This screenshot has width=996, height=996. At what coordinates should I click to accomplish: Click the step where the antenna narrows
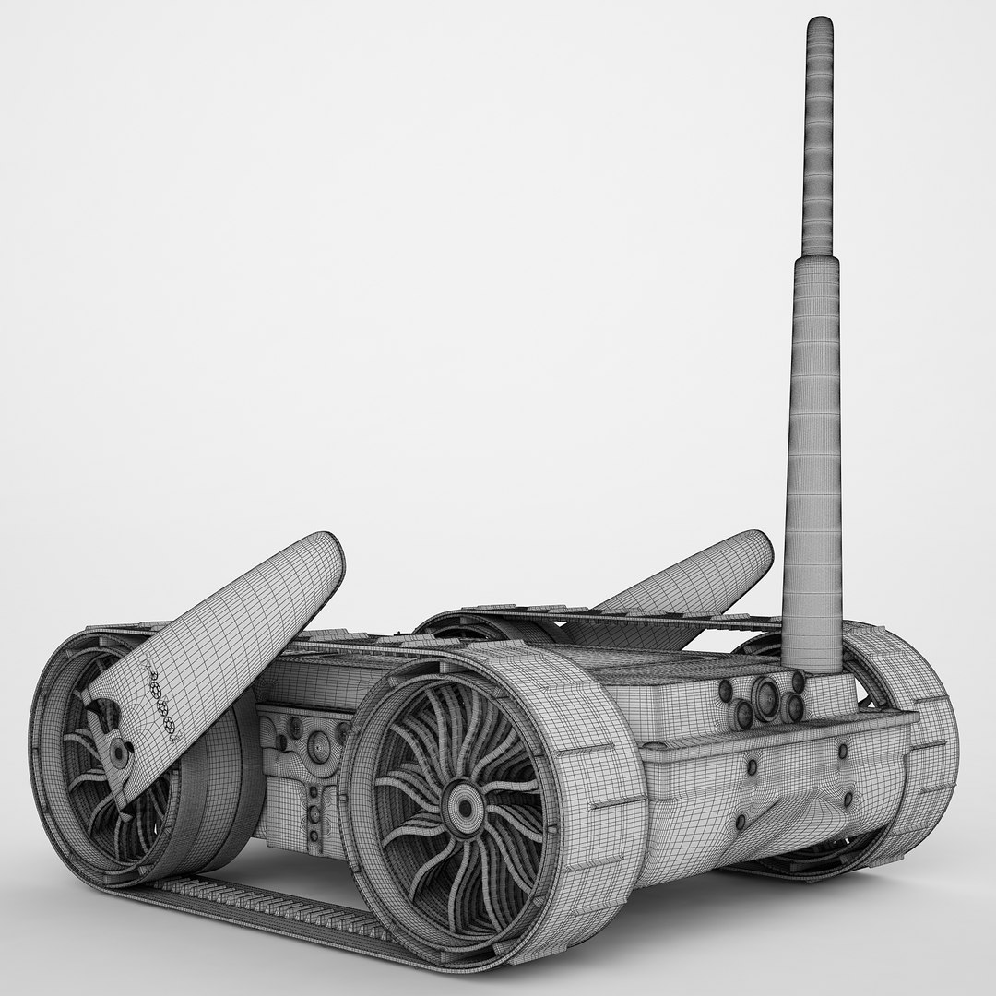(x=817, y=257)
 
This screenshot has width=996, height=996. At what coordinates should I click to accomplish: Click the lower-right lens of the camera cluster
(x=793, y=707)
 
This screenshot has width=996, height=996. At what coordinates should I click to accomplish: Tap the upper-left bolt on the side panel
(x=752, y=765)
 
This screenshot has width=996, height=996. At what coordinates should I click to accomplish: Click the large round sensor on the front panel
(x=318, y=746)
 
